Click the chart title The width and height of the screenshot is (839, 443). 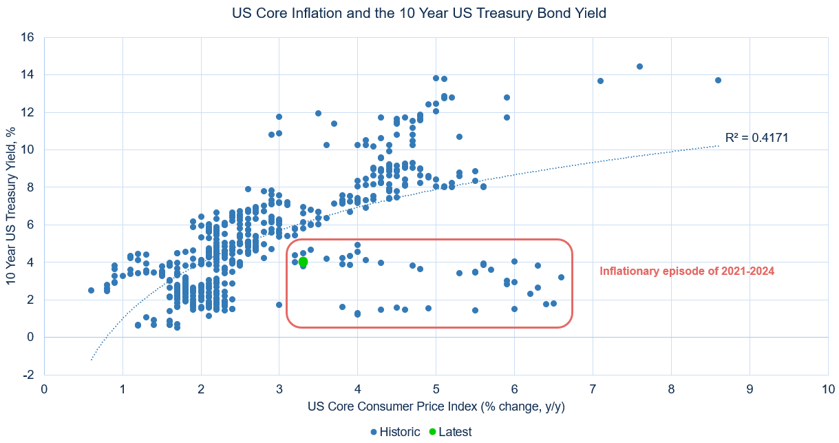point(419,12)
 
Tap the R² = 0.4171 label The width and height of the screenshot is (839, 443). point(756,138)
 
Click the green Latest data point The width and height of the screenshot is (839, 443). point(303,262)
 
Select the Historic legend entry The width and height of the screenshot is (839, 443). point(394,432)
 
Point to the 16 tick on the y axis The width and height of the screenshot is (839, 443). point(28,37)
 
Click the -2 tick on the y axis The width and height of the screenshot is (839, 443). point(30,374)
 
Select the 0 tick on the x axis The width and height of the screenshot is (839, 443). point(45,389)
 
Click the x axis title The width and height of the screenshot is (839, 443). point(436,406)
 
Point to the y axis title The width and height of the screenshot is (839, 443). point(11,205)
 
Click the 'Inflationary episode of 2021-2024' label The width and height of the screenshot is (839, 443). point(687,271)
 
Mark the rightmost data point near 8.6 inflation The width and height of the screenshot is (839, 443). point(718,80)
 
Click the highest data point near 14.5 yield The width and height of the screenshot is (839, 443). point(639,66)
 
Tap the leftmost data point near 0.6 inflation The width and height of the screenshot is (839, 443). point(92,290)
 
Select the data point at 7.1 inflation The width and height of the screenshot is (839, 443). point(600,81)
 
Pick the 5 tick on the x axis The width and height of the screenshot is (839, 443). point(436,389)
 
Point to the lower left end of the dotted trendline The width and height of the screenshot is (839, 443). point(92,360)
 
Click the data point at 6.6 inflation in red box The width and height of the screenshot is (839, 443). point(561,277)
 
